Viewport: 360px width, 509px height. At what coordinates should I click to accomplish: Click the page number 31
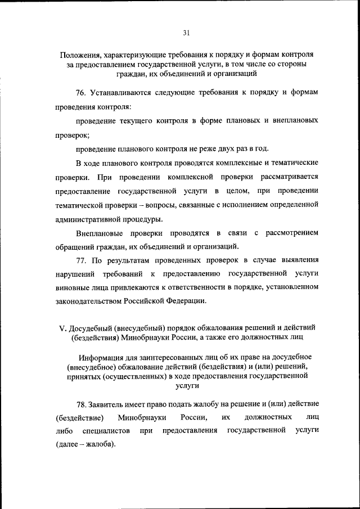coord(186,33)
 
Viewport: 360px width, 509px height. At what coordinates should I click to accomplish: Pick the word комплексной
coord(193,178)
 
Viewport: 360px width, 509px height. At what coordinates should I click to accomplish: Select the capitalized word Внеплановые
coord(100,232)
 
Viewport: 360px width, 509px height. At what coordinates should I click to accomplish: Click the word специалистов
coord(106,431)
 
